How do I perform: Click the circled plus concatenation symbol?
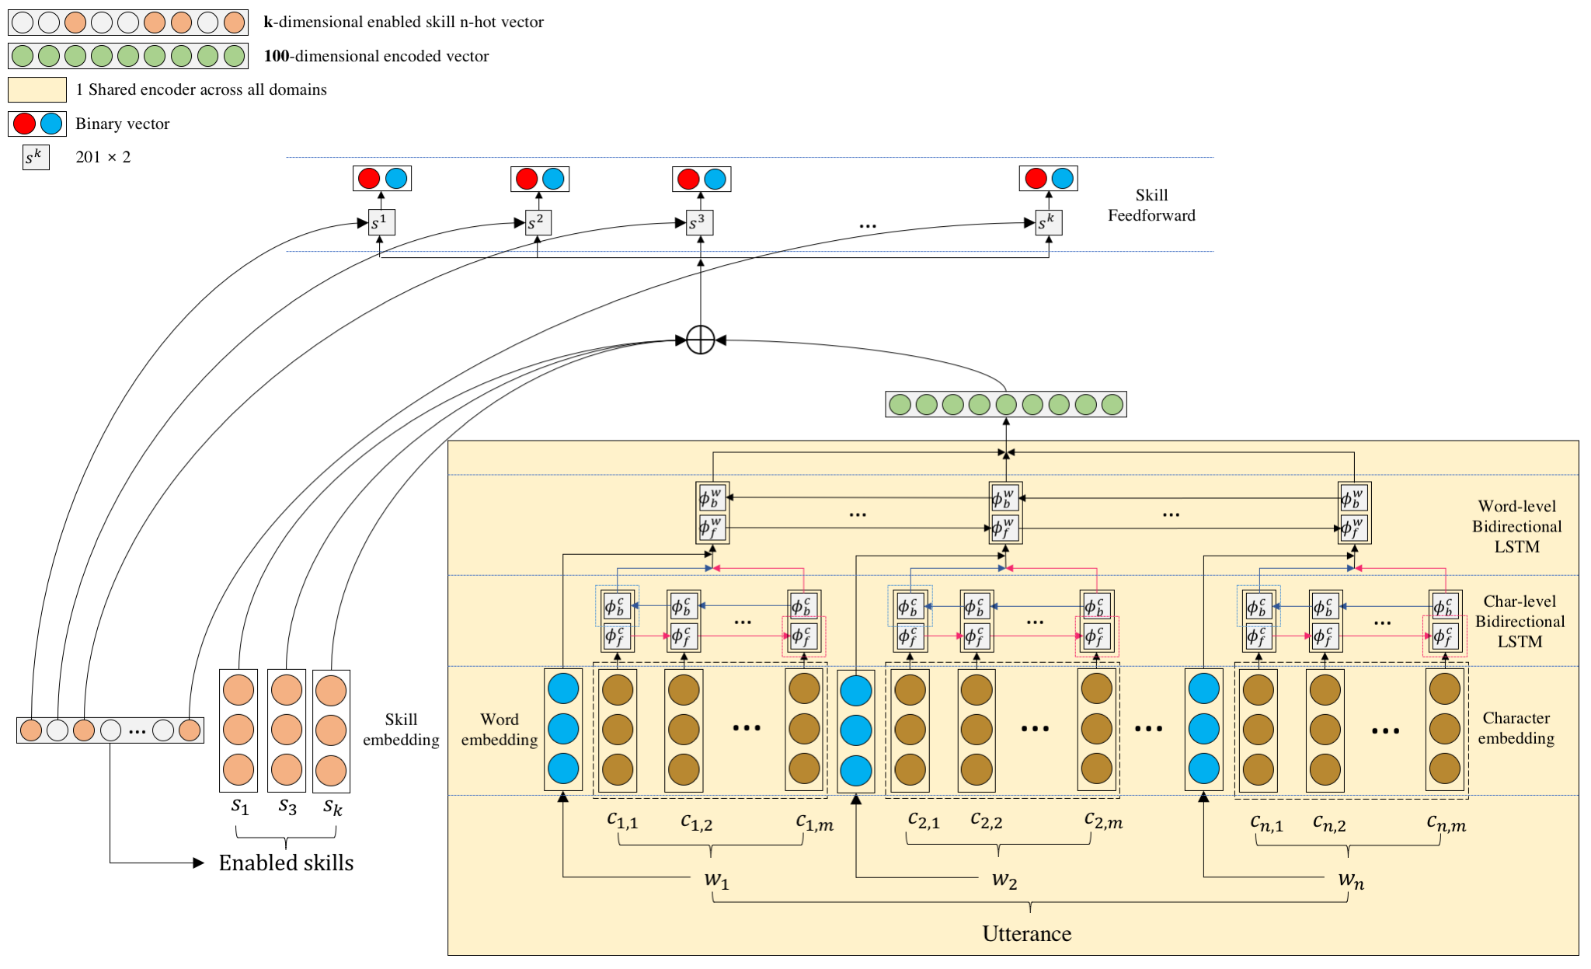(700, 340)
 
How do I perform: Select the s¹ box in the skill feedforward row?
(381, 222)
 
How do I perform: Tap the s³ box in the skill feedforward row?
(699, 222)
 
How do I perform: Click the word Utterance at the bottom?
(1026, 933)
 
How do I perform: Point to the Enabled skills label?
(286, 863)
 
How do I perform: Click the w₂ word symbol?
(1004, 880)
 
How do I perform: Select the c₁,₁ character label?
(622, 820)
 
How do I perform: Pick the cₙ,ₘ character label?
(1446, 823)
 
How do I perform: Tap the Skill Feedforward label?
(1151, 205)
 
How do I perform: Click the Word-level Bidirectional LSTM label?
(1516, 526)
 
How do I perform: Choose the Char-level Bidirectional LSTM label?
(1520, 621)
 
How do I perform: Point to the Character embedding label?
(1516, 728)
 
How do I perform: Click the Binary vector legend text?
(122, 124)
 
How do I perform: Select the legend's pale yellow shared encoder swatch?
(37, 89)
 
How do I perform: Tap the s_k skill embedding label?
(332, 807)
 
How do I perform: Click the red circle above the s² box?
(527, 179)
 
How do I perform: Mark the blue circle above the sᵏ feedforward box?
(1062, 178)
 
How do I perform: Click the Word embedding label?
(499, 730)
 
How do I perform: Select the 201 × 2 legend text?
(103, 157)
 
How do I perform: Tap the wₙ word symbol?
(1351, 880)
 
